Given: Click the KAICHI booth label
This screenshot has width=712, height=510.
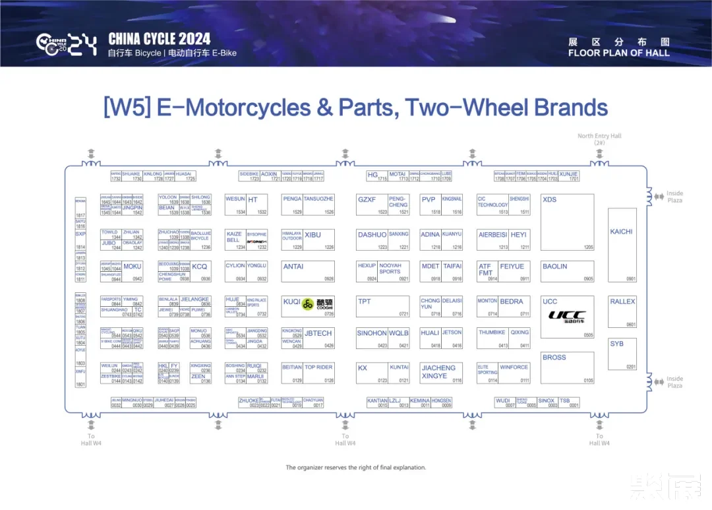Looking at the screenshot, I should pos(621,232).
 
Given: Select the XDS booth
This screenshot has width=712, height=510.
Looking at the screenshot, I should pos(549,199).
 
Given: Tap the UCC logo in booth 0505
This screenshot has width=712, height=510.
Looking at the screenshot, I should pos(567,315).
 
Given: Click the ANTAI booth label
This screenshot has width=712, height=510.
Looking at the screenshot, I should pos(293,267).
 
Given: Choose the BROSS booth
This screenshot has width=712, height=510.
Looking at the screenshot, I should pos(554,357).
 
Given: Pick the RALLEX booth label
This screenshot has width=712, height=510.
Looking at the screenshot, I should pos(622,302).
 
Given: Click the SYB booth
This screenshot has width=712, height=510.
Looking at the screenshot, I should pos(616,344).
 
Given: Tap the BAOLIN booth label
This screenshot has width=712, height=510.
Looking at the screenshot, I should pos(554,267).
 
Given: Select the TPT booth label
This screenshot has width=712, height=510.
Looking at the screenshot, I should pos(364,302).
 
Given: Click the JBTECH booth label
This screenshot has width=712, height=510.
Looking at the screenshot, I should pos(318,333).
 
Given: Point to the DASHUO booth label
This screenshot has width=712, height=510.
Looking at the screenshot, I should pos(372,235).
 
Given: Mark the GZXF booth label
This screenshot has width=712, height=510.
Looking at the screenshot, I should pos(367,199).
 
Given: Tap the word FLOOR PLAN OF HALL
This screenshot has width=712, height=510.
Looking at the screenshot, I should pos(618,53).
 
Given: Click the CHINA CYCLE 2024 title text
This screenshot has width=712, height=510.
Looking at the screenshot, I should pos(160,39).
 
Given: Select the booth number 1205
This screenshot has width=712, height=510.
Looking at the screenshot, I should pos(588,247).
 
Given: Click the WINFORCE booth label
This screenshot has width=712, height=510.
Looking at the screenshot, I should pos(514,367).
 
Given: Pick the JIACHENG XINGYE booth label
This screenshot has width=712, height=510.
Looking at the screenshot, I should pos(438,371).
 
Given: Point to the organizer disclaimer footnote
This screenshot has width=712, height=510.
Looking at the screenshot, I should pos(355,468).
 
